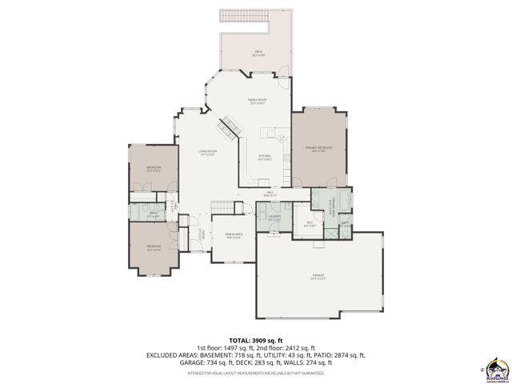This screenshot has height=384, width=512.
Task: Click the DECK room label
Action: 258,53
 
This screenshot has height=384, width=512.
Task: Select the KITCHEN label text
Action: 265,158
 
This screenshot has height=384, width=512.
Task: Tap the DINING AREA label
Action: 234,235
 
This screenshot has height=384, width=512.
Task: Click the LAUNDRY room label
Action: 274,218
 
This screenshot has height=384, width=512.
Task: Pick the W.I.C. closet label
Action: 310,225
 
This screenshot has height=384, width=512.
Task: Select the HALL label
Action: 270,193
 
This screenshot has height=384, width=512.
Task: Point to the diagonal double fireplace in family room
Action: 231,125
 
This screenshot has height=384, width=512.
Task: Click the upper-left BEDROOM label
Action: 153,168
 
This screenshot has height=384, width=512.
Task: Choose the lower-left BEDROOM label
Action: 153,247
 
